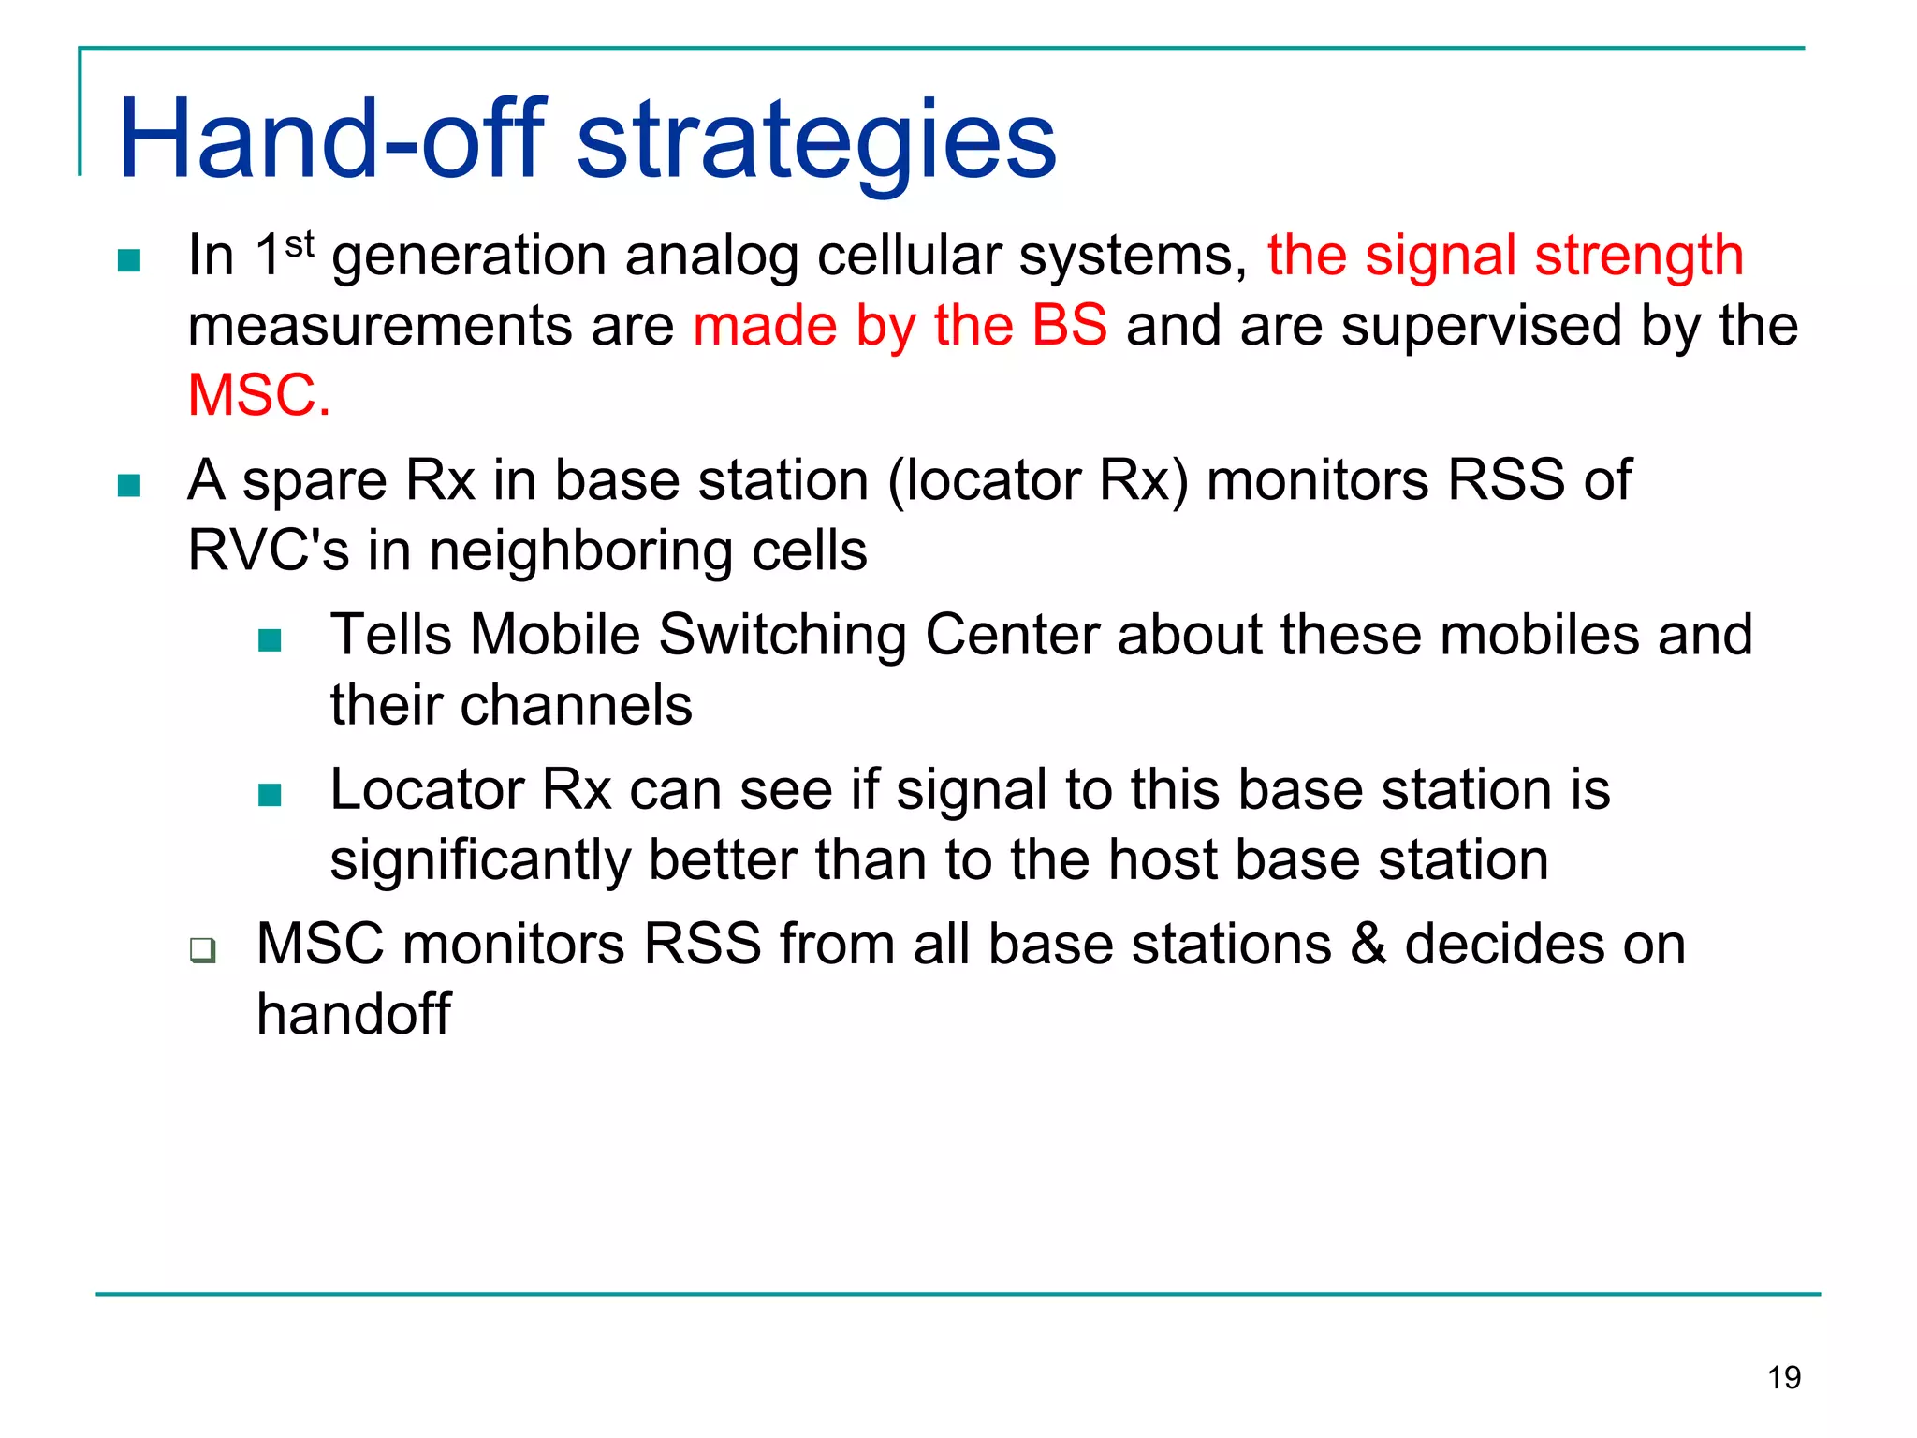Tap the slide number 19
point(1784,1378)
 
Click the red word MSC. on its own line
point(259,396)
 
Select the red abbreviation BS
point(1069,326)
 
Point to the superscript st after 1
point(299,245)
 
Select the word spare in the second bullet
point(315,482)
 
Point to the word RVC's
point(268,550)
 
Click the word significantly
point(480,861)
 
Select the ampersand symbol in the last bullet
point(1368,944)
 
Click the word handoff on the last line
point(354,1014)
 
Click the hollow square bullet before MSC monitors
point(202,950)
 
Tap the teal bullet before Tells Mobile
point(270,640)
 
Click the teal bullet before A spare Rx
point(129,486)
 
